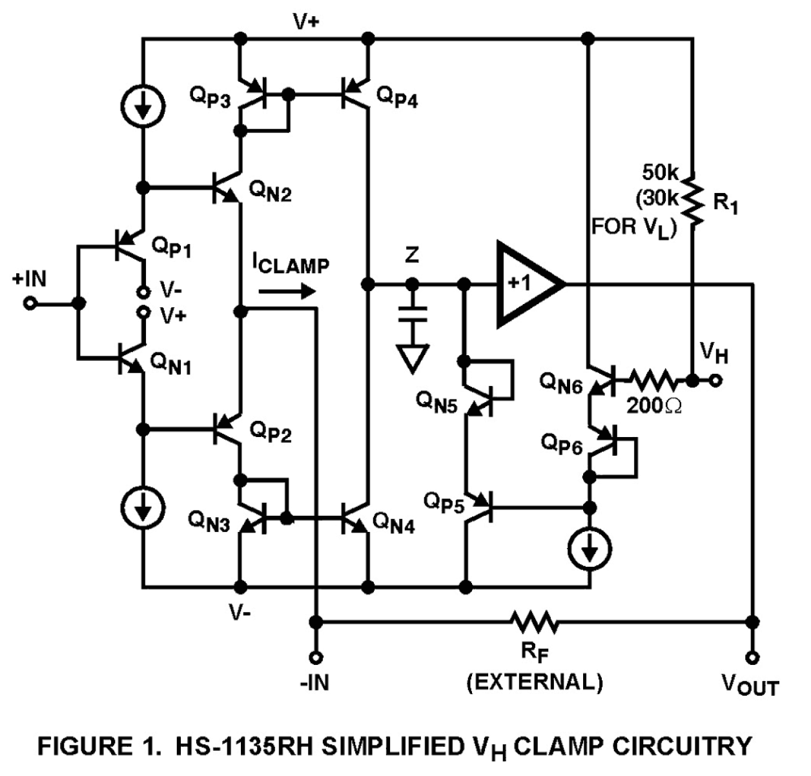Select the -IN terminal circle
pyautogui.click(x=316, y=657)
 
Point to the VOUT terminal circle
pyautogui.click(x=752, y=657)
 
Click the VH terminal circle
pyautogui.click(x=716, y=380)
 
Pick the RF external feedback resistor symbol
pyautogui.click(x=535, y=622)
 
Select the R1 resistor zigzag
pyautogui.click(x=692, y=200)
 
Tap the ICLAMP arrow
pyautogui.click(x=287, y=291)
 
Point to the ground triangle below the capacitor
pyautogui.click(x=413, y=358)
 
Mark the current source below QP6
pyautogui.click(x=589, y=549)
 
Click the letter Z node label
pyautogui.click(x=411, y=256)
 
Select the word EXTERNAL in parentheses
pyautogui.click(x=535, y=682)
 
